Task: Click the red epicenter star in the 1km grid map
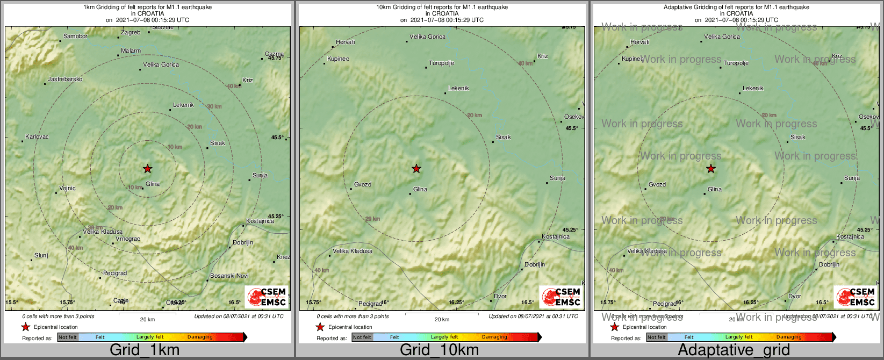148,169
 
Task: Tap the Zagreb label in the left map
131,33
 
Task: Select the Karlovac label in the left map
37,136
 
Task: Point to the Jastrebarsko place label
65,80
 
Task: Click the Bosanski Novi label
229,276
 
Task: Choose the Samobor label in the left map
75,37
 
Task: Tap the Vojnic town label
67,188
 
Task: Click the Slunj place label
41,255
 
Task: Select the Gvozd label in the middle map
363,184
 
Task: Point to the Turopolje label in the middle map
442,63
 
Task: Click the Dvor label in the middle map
500,296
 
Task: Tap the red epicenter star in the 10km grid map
416,169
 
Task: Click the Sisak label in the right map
798,137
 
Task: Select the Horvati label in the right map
639,42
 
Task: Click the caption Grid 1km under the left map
145,350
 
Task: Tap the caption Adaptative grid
734,350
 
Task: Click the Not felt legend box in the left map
68,337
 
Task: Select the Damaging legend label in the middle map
494,337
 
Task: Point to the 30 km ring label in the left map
214,106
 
